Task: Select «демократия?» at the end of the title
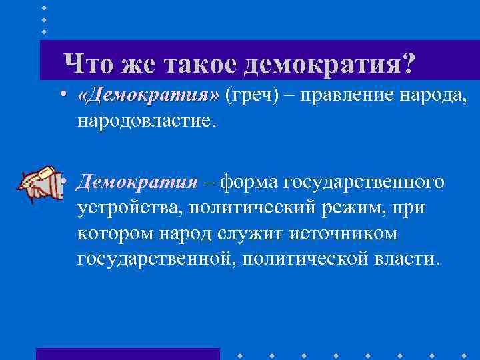point(329,64)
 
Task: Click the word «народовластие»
point(147,121)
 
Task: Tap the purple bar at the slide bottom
point(127,353)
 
